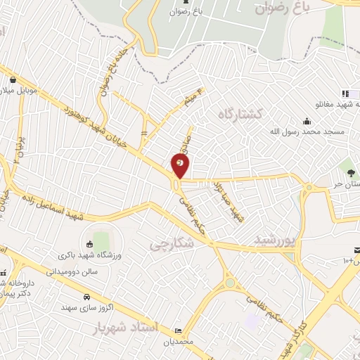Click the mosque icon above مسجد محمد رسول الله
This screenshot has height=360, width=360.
pyautogui.click(x=307, y=120)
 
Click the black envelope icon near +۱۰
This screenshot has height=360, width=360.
pyautogui.click(x=356, y=251)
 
